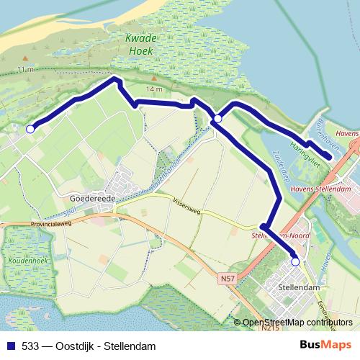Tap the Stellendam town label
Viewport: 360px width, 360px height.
coord(297,287)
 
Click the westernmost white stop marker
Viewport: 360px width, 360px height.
coord(30,129)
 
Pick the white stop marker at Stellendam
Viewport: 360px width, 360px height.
coord(295,263)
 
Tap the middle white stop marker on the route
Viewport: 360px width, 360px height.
coord(217,118)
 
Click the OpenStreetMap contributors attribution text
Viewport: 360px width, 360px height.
coord(297,323)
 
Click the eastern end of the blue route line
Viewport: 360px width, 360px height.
coord(329,156)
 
